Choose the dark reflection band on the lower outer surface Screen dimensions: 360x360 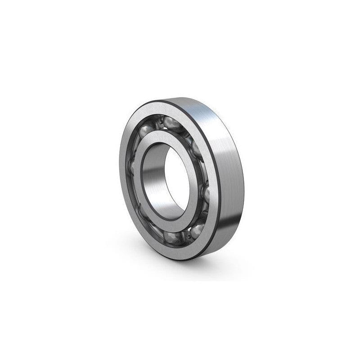click(225, 243)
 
